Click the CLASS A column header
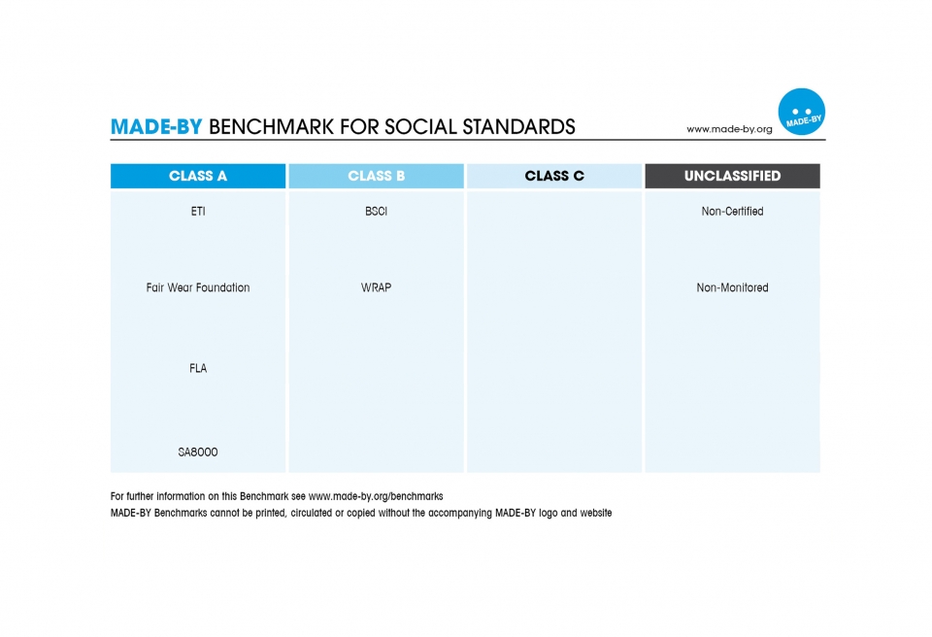198,176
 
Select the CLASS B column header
377,176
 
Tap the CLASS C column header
554,176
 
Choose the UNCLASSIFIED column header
732,176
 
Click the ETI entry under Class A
198,211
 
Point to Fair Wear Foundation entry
198,287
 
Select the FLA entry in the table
198,369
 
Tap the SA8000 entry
198,453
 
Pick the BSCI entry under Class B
377,211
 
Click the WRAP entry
377,287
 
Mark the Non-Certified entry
732,211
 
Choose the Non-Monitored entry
732,287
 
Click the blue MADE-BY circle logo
801,112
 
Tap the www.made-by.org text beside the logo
729,129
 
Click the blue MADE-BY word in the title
156,126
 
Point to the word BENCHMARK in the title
271,126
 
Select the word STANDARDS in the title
518,126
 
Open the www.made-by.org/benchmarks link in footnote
376,496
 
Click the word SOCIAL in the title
420,126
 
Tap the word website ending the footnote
595,513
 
